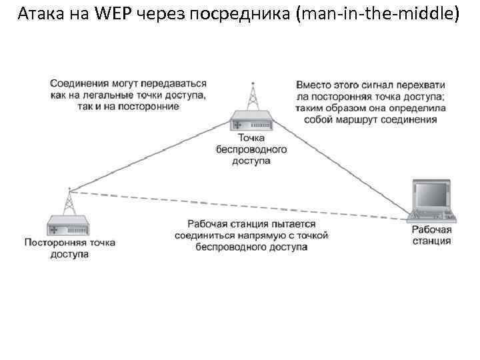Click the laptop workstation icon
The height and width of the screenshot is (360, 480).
pos(433,201)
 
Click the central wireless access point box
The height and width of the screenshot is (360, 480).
pos(251,122)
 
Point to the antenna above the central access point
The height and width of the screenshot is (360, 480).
pos(252,97)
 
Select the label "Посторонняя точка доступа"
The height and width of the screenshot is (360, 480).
pos(69,248)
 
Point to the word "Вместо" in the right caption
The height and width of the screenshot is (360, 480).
pos(314,85)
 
